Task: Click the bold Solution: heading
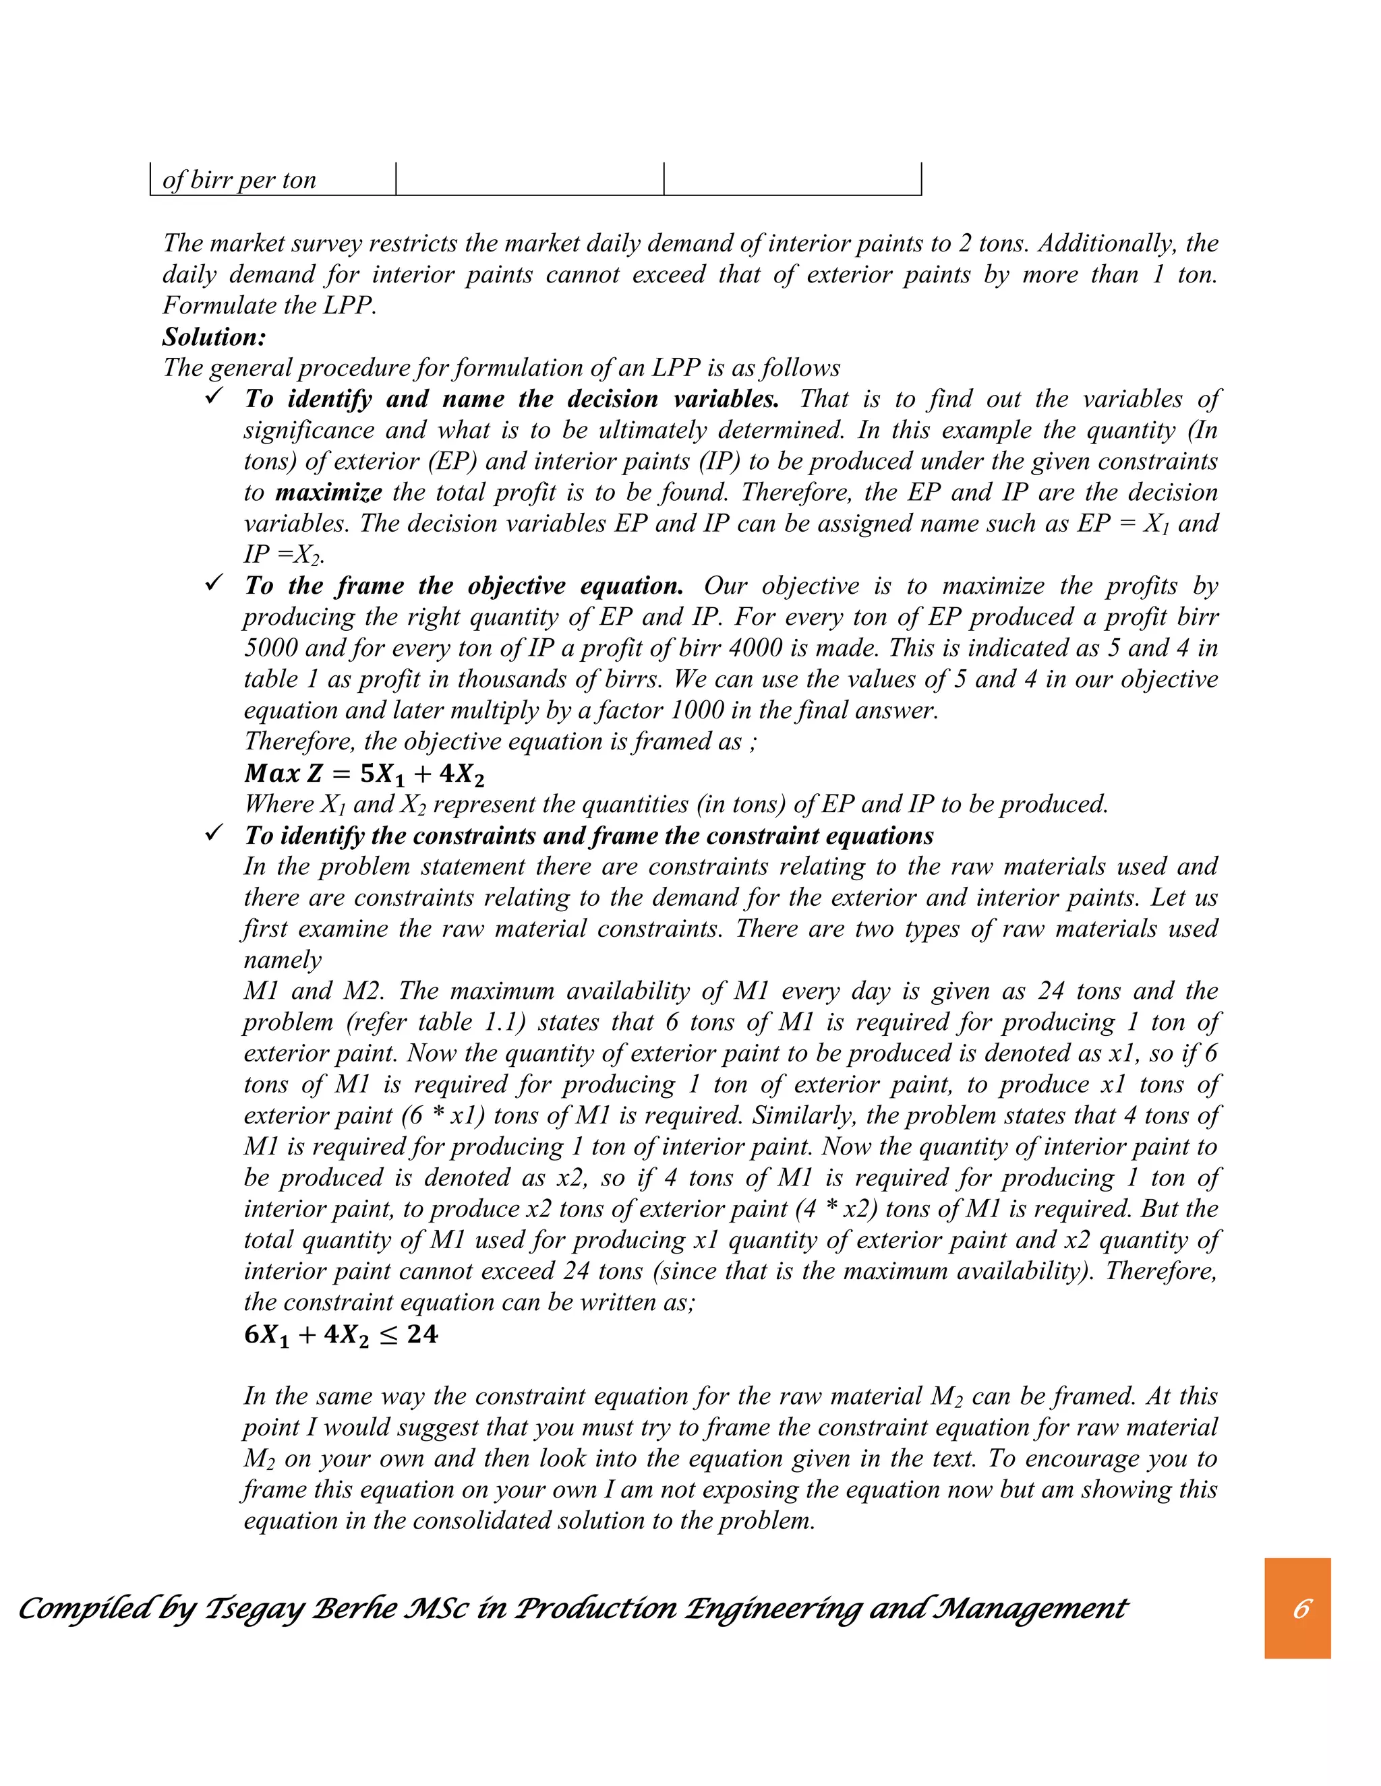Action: (x=214, y=337)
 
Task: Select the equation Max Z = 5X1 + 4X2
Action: (x=364, y=773)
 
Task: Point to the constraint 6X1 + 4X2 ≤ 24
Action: (x=341, y=1334)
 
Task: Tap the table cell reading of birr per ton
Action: (x=239, y=180)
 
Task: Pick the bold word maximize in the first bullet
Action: (x=328, y=492)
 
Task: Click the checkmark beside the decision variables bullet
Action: (x=214, y=396)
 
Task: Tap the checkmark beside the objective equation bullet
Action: (x=214, y=584)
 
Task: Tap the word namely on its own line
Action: (x=283, y=960)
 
